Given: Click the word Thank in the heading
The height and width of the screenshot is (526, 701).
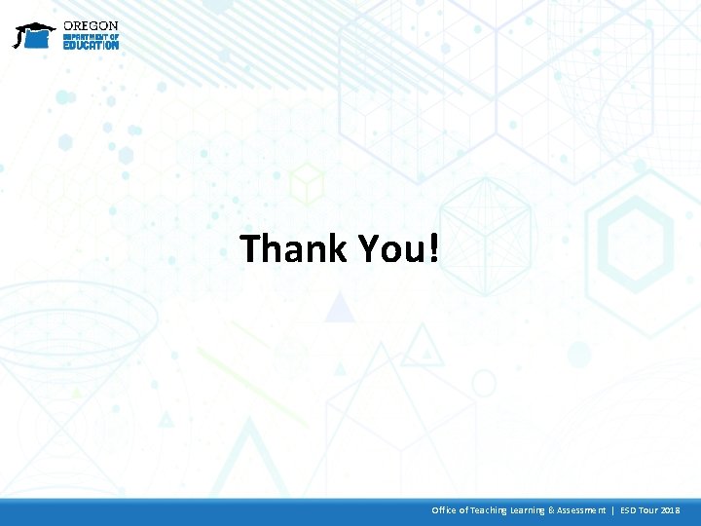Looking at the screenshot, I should (293, 248).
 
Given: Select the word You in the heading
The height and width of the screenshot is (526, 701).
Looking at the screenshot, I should (389, 248).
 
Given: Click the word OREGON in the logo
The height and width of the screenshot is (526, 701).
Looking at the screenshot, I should (91, 26).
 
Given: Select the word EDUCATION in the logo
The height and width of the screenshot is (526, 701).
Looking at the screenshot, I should (91, 45).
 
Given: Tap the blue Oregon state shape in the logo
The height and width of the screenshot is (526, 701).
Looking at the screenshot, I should (37, 40).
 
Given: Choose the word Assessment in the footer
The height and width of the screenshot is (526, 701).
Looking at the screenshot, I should (580, 510).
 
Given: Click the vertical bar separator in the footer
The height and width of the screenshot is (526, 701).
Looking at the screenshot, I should (612, 510).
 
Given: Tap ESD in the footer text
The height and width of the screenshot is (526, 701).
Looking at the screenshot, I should (628, 510).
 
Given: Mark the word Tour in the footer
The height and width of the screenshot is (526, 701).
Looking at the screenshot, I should (649, 510).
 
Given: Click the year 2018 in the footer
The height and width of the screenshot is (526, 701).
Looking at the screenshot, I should (671, 510).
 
